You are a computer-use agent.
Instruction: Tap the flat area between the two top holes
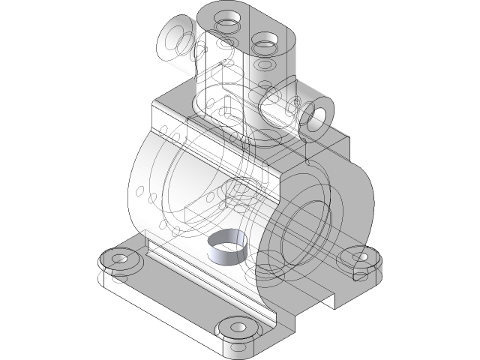(246, 27)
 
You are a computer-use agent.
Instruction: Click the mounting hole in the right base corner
(361, 257)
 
